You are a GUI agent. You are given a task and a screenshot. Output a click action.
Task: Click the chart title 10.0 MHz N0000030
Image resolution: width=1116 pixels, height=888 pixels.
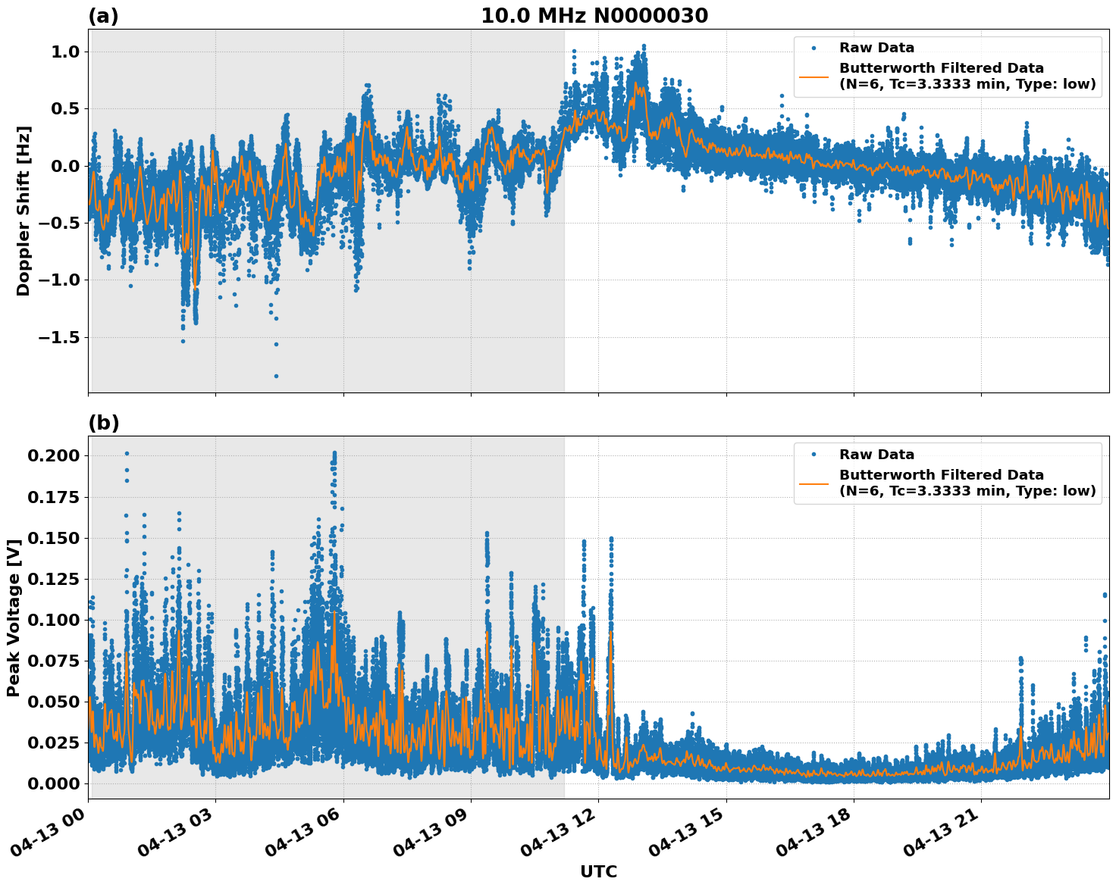click(x=594, y=16)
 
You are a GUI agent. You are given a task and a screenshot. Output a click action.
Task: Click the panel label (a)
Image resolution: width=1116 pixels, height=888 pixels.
click(x=103, y=16)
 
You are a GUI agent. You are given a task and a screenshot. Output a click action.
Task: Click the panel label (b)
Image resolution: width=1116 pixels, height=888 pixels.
click(x=103, y=423)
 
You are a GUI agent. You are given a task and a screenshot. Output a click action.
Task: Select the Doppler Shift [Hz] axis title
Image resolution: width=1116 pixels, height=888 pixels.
click(x=24, y=211)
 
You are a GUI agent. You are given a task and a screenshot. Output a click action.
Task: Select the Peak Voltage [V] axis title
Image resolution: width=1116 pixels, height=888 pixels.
click(x=13, y=618)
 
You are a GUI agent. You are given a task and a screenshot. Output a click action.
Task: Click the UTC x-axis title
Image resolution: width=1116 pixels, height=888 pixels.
click(x=598, y=871)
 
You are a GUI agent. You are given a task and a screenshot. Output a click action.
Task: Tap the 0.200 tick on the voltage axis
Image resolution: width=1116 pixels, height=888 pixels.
click(x=54, y=455)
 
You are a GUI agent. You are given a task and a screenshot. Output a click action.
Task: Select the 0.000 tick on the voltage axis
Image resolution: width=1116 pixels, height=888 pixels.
click(x=54, y=783)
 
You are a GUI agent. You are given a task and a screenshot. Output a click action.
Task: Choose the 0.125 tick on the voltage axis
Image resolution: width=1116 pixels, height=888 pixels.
click(x=54, y=579)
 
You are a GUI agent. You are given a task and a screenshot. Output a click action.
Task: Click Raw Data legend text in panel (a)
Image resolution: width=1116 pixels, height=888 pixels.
click(x=876, y=48)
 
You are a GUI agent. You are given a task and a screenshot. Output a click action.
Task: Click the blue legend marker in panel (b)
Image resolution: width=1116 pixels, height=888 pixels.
click(x=813, y=455)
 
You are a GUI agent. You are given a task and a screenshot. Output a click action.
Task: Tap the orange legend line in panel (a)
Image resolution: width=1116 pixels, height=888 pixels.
click(x=813, y=76)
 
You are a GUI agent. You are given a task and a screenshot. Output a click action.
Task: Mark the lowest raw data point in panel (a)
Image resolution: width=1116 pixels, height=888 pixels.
click(x=276, y=376)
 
